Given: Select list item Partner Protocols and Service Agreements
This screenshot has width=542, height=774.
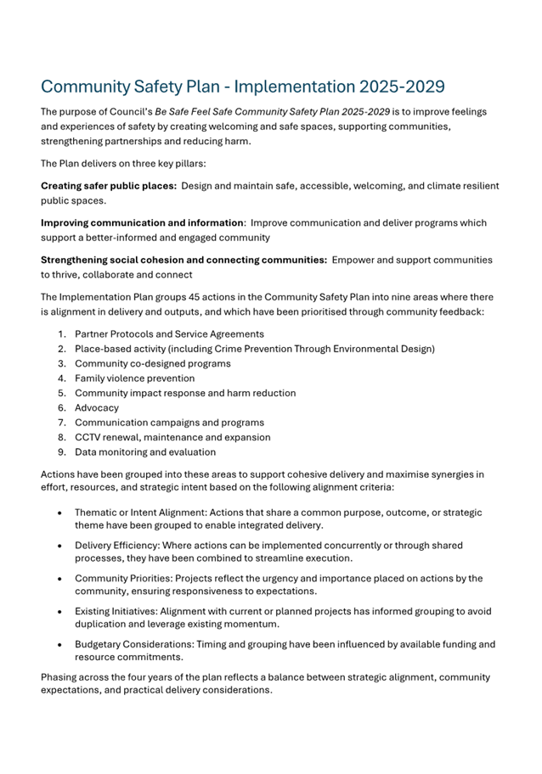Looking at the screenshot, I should click(x=169, y=334).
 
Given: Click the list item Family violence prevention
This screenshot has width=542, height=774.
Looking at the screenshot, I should click(x=134, y=379).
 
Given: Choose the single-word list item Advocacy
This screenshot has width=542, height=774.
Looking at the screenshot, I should click(x=97, y=407).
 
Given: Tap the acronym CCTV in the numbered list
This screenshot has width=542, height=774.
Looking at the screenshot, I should click(x=88, y=437).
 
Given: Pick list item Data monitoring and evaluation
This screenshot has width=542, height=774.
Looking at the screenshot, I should click(x=144, y=451).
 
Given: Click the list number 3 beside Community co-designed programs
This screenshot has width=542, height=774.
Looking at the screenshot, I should click(x=62, y=363).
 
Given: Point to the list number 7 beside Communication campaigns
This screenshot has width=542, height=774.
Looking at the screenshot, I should click(x=62, y=423).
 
